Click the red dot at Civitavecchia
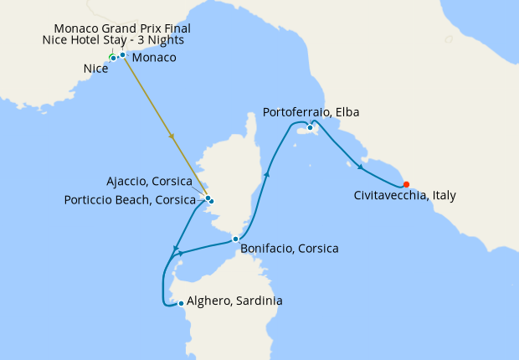[x=406, y=184]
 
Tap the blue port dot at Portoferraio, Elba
[x=310, y=127]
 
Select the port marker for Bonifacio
[x=236, y=239]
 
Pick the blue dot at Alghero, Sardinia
[x=181, y=303]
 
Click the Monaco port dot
[x=122, y=55]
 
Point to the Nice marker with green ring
[x=113, y=58]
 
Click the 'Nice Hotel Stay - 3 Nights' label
[x=113, y=40]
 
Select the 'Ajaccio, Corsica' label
[x=150, y=182]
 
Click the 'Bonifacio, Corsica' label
[x=289, y=249]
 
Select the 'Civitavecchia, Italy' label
[x=404, y=196]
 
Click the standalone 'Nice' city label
[x=95, y=69]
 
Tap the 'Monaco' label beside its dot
[x=154, y=58]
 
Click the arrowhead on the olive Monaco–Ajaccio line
[x=172, y=136]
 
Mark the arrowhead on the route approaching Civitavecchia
[x=360, y=167]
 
